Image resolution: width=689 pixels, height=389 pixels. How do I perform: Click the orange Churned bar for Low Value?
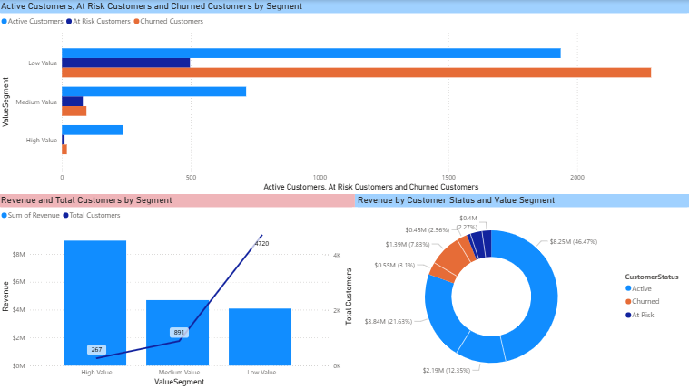[x=356, y=73]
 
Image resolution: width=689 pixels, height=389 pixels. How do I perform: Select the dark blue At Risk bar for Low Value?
[x=125, y=63]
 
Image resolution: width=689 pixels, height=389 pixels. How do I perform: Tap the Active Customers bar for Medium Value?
[x=153, y=92]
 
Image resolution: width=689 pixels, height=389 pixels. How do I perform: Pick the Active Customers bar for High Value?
[x=92, y=130]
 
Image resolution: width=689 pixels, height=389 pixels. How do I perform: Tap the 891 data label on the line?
[x=179, y=333]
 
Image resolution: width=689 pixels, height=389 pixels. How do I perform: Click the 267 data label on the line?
[x=96, y=349]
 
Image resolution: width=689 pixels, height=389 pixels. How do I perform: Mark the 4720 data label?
[x=262, y=244]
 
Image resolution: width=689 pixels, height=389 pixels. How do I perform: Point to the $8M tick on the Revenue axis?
[x=44, y=255]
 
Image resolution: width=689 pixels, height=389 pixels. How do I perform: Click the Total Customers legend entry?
[x=92, y=215]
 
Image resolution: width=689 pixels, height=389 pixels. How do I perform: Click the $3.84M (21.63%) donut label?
[x=392, y=321]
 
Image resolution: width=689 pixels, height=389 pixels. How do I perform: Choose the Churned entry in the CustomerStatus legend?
[x=645, y=301]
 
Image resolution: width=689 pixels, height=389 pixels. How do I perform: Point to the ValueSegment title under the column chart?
[x=179, y=382]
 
